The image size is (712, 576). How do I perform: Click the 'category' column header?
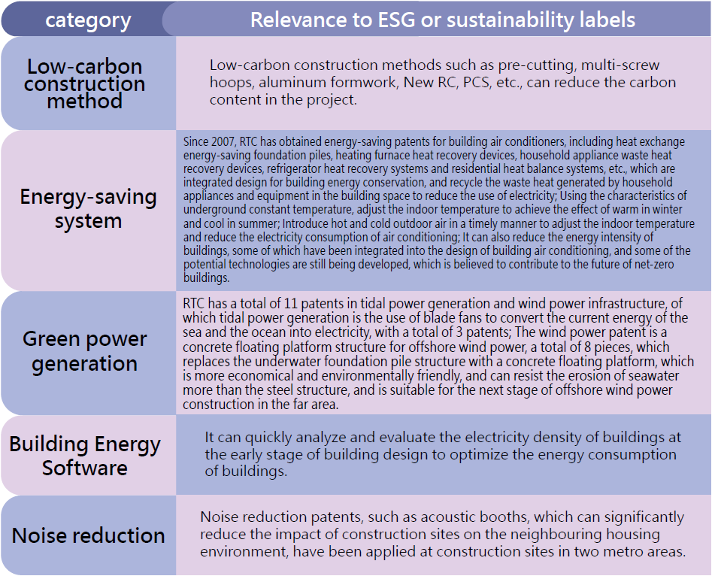point(88,20)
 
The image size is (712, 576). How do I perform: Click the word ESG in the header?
point(394,20)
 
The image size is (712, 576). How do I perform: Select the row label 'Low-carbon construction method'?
point(84,83)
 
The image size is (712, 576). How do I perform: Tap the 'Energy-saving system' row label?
point(88,208)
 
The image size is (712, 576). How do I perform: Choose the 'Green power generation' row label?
point(84,351)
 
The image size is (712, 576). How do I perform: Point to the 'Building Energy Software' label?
point(84,456)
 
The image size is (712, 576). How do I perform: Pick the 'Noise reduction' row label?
point(88,535)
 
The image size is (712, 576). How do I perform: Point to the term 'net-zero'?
point(656,265)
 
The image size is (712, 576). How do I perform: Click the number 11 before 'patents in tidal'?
point(291,304)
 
